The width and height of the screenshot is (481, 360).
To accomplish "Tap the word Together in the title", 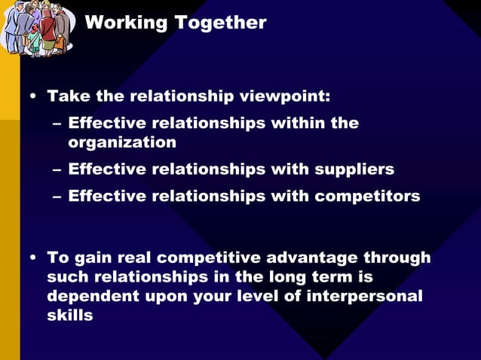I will (x=220, y=23).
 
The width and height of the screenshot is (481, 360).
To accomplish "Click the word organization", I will (x=122, y=142).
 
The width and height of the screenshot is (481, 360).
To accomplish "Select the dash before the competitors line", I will (x=57, y=197).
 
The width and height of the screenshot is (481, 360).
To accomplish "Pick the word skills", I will (x=70, y=316).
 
